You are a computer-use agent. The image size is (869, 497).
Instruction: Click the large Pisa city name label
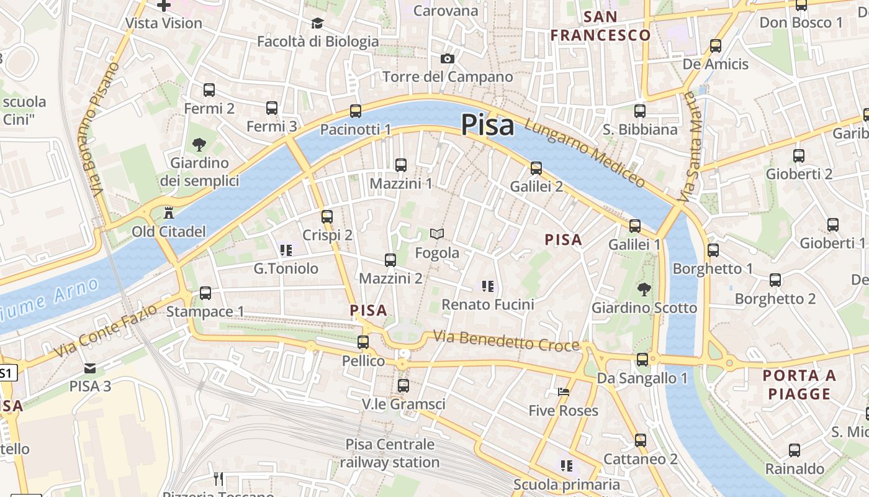pos(487,125)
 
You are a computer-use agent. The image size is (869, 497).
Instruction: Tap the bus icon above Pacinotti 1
pos(355,111)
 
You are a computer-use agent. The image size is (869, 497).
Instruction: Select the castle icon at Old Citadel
pos(168,213)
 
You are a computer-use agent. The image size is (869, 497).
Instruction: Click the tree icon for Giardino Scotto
pos(644,289)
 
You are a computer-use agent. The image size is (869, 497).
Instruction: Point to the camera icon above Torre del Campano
pos(447,59)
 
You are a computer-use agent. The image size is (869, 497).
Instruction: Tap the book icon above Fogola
pos(437,234)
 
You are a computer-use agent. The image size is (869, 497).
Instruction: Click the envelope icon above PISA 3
pos(90,368)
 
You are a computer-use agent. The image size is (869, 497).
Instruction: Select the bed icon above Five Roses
pos(563,392)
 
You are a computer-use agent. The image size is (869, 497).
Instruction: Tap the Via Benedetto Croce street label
pos(506,341)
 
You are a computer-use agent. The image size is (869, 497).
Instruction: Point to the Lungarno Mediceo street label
pos(585,153)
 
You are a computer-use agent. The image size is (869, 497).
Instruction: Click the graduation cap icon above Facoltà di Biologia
pos(317,24)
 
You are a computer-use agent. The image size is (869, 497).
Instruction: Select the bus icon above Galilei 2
pos(536,168)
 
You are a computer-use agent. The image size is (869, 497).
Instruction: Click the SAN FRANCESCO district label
pos(600,26)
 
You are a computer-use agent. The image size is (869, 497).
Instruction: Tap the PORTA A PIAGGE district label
pos(799,385)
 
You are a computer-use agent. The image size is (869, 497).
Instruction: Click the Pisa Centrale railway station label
pos(390,454)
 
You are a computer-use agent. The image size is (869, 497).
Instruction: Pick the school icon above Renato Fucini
pos(487,286)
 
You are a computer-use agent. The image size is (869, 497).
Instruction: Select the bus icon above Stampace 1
pos(205,293)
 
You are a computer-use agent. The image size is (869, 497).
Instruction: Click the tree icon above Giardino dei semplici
pos(199,145)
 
